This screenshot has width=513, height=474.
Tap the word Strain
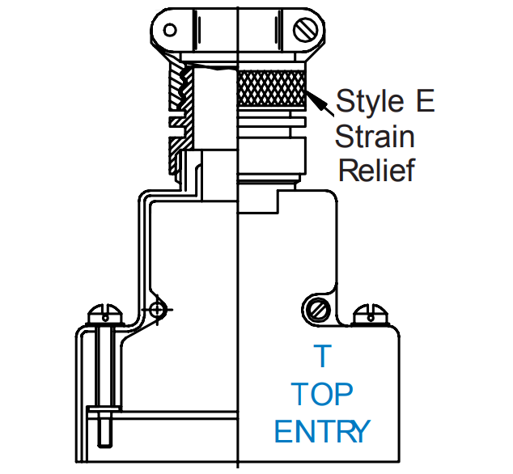point(375,136)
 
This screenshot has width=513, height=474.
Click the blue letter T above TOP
point(323,356)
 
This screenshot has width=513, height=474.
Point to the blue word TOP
point(322,394)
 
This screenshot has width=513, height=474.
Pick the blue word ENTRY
point(322,431)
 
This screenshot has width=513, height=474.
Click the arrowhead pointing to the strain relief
point(317,100)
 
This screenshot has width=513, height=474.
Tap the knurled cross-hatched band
point(272,89)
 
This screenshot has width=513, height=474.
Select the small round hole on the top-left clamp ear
point(169,30)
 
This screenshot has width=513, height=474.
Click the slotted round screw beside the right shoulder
point(317,308)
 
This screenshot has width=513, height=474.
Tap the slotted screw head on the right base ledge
point(370,311)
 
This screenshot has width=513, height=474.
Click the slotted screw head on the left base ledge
point(107,311)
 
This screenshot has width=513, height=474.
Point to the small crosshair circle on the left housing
point(159,309)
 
